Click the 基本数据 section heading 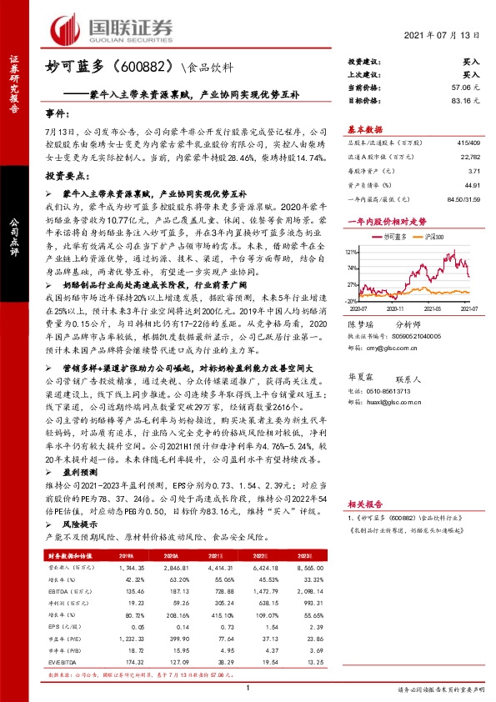pos(365,129)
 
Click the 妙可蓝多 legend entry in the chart pos(392,238)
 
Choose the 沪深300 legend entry pos(431,238)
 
